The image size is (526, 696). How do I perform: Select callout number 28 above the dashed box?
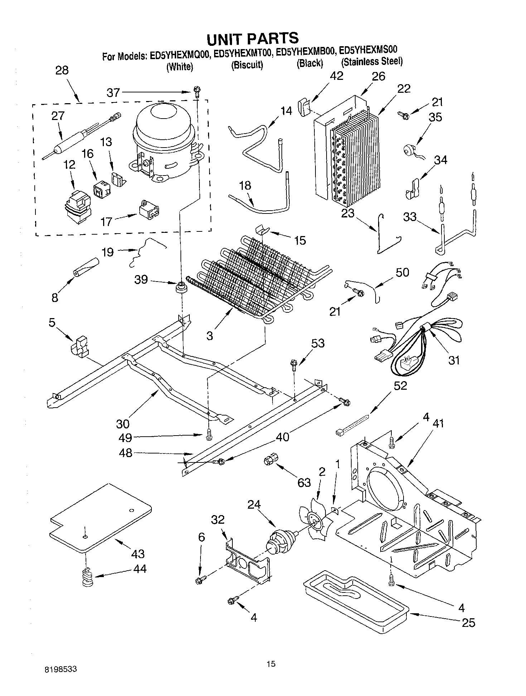pyautogui.click(x=62, y=70)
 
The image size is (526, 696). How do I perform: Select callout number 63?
pyautogui.click(x=304, y=483)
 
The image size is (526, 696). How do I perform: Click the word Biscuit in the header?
pyautogui.click(x=247, y=65)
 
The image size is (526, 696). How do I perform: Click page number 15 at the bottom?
pyautogui.click(x=271, y=664)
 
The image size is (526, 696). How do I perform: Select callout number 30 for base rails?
pyautogui.click(x=122, y=424)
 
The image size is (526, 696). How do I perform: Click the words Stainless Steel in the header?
pyautogui.click(x=372, y=62)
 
